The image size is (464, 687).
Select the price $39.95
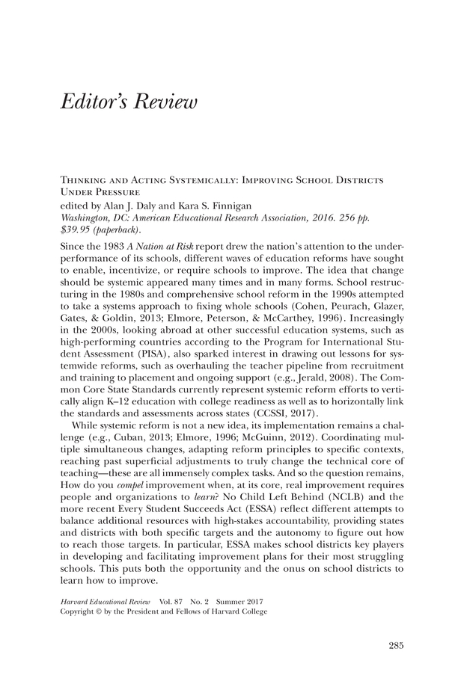tap(74, 228)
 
